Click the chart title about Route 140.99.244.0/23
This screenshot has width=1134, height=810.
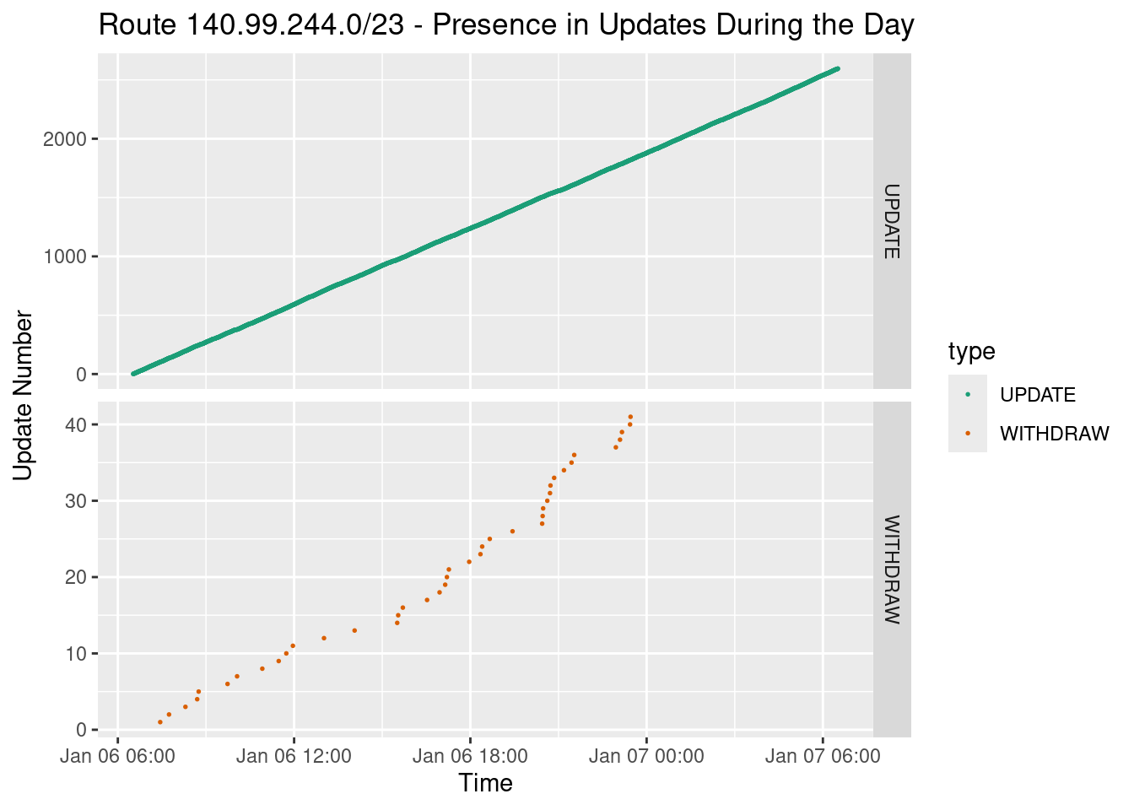pos(506,25)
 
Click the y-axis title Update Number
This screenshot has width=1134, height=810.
pos(24,396)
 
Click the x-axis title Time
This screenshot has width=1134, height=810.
pos(485,783)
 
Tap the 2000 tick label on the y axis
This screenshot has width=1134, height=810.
pos(65,139)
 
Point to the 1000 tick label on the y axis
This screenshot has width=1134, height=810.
pos(65,256)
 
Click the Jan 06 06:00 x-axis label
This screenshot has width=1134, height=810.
pos(117,756)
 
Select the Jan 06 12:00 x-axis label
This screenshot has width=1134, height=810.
pos(294,756)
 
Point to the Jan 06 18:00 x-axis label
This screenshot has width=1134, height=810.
pos(470,756)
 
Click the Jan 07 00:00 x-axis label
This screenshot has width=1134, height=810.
pos(646,756)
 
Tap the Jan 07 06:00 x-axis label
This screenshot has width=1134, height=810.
pos(823,756)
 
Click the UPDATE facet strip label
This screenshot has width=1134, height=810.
pos(892,221)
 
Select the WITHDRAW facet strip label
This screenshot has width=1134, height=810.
pos(892,570)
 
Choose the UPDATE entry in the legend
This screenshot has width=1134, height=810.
pos(1037,395)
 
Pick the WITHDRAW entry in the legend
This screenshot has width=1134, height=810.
pos(1054,434)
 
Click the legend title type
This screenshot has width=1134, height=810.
pos(971,351)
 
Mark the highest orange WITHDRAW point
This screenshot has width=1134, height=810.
pos(630,416)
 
